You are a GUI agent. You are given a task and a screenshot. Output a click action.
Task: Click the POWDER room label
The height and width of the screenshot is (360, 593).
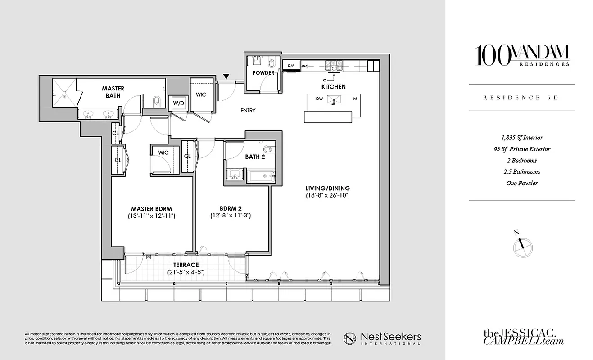263,73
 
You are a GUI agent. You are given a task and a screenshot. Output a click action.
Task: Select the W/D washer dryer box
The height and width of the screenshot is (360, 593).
179,103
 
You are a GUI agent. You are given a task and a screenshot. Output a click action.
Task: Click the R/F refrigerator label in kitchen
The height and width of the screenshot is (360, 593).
291,66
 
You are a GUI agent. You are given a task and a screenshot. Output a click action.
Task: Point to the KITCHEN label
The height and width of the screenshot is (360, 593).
333,86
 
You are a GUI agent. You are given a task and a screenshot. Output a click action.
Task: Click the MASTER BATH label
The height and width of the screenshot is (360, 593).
113,92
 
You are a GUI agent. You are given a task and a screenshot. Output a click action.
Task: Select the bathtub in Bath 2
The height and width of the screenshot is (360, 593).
260,176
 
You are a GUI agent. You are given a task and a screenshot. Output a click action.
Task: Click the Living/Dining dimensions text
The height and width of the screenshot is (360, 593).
327,196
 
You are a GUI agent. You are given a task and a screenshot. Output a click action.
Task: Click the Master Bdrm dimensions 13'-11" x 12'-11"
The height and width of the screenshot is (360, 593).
152,216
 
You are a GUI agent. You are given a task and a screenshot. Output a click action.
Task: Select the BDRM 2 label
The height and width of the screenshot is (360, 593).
231,208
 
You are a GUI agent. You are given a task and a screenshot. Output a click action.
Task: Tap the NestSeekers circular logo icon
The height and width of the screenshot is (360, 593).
351,338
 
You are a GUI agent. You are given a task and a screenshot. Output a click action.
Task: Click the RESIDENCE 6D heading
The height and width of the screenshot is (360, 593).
521,98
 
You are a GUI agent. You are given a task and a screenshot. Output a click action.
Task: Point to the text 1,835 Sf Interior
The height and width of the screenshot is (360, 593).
522,138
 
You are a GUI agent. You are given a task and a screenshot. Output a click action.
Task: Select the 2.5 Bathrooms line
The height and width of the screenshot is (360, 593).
522,171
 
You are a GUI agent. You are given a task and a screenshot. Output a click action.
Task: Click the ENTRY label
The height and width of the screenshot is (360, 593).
248,111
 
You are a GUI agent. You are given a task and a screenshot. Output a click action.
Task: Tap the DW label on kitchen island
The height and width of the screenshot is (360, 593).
319,99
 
